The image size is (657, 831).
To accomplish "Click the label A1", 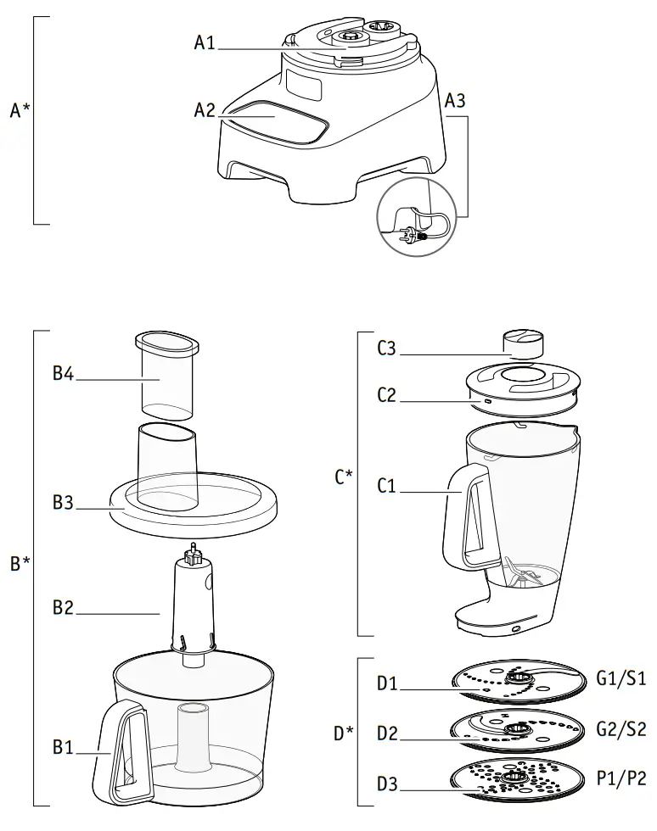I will [205, 42].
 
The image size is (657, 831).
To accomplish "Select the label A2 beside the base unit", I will [205, 110].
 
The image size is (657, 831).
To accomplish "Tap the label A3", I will [455, 100].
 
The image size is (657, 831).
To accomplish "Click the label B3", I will [64, 503].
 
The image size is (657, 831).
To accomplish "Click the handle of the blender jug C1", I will [463, 517].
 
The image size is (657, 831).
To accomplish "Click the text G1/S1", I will [621, 678].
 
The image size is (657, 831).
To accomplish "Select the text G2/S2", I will [621, 728].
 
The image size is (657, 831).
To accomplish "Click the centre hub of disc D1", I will [515, 676].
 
